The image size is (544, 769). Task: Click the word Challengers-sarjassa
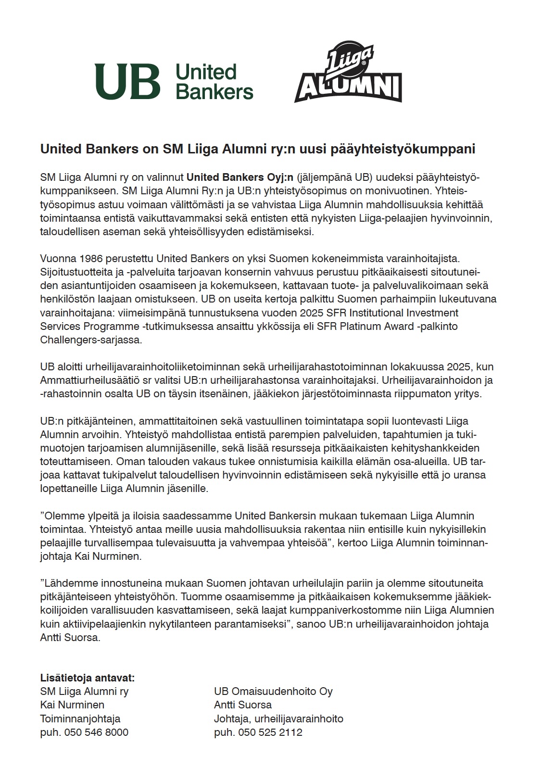[x=91, y=340]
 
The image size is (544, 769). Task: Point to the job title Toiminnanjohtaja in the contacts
[x=80, y=719]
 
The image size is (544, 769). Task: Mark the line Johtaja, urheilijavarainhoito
[x=278, y=719]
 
